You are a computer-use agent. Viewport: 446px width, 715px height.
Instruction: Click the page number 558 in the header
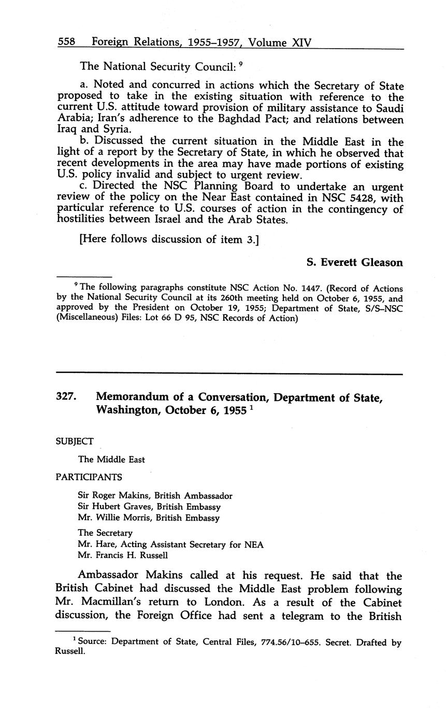67,42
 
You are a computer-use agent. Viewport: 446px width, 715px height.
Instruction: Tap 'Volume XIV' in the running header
280,42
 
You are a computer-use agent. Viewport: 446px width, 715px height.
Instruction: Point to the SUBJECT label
75,441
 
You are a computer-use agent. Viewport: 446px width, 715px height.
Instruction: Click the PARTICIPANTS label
89,477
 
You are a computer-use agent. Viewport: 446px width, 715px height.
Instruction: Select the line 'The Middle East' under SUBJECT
111,460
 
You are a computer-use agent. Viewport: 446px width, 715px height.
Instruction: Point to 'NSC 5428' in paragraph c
355,198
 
